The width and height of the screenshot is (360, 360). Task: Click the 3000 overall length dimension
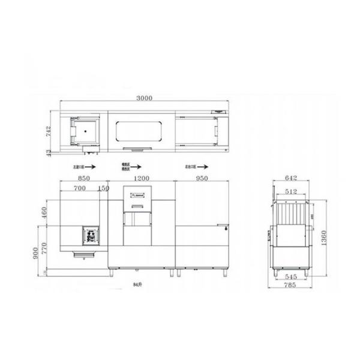click(145, 98)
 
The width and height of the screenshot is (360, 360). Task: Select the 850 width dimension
click(83, 178)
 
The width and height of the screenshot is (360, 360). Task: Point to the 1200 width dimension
click(141, 178)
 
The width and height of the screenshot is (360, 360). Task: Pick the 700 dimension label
click(79, 188)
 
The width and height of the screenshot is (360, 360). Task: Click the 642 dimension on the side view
click(291, 178)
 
